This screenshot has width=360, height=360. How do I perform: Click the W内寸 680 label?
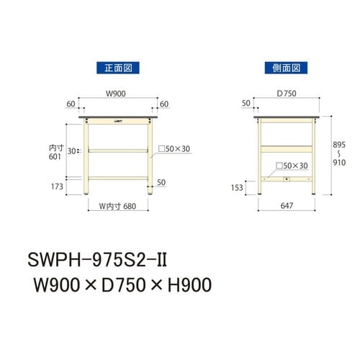(117, 206)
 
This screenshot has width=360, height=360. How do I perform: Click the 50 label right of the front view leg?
(161, 181)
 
